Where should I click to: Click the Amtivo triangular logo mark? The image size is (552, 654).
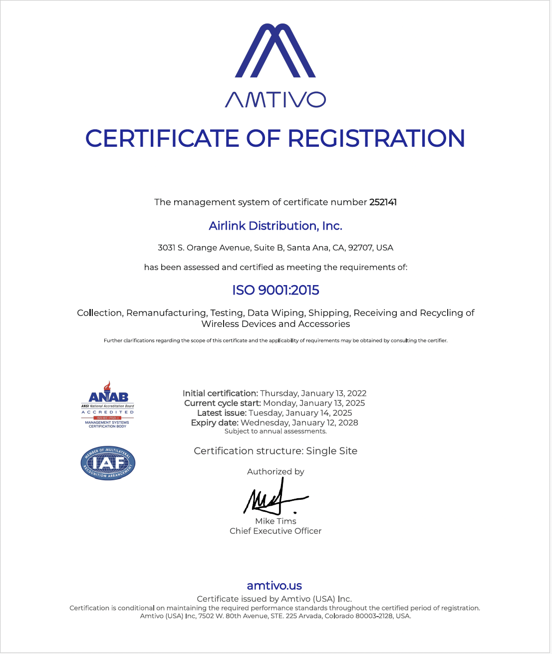point(276,51)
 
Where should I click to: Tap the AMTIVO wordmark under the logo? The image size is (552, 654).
point(276,99)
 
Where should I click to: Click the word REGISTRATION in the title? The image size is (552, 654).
point(377,138)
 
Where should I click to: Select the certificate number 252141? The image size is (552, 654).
point(383,202)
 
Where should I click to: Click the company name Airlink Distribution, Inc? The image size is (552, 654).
point(276,226)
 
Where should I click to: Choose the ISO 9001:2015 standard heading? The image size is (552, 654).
point(276,290)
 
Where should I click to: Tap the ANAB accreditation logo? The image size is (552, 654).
point(108,405)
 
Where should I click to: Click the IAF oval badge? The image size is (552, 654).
point(108,463)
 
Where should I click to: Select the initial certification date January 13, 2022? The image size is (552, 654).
point(313,393)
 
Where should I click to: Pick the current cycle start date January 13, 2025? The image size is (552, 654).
point(314,403)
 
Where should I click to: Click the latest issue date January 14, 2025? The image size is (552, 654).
point(300,413)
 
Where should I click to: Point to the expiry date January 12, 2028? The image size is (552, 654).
point(299,423)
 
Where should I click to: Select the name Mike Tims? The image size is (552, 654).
point(276,521)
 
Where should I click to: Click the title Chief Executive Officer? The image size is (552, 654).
point(276,531)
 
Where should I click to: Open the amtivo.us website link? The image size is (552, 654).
point(275,586)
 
